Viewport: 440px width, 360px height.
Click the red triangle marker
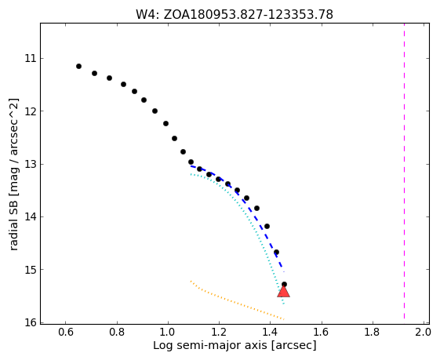click(x=283, y=292)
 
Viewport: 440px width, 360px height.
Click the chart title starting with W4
click(x=235, y=15)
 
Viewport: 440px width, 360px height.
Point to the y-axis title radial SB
click(x=13, y=174)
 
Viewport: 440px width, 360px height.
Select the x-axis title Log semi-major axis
click(x=235, y=345)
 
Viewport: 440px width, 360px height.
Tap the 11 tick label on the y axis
click(x=31, y=58)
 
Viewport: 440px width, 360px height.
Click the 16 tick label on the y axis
click(x=31, y=322)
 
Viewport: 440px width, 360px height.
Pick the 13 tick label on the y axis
click(x=31, y=164)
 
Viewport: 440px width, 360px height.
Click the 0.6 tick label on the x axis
click(x=66, y=333)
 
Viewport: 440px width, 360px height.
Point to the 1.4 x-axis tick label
click(x=270, y=333)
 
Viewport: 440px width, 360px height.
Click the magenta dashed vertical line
click(x=404, y=171)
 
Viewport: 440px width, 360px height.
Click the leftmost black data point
click(x=79, y=66)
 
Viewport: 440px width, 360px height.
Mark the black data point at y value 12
click(x=155, y=111)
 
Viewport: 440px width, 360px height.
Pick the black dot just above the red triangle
click(x=284, y=284)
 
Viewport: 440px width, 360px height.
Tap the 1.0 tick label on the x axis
click(x=168, y=333)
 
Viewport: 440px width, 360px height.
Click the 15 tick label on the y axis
click(x=31, y=270)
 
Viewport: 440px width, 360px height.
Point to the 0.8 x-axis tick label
click(x=117, y=333)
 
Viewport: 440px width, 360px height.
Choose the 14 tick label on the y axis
click(x=31, y=217)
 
